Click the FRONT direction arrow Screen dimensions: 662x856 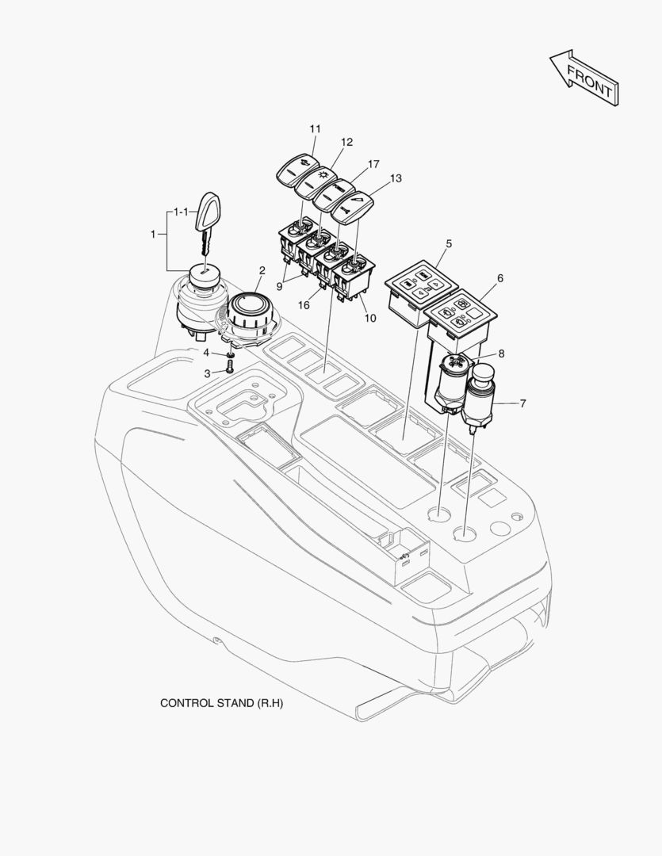point(584,78)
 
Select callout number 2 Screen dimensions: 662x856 point(262,270)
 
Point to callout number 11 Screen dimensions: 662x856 point(316,129)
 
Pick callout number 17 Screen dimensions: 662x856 point(373,164)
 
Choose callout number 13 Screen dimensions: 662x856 point(396,178)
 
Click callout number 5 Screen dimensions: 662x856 point(449,243)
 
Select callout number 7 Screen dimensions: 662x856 point(522,403)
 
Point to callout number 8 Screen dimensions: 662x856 point(501,353)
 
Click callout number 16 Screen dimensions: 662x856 point(304,304)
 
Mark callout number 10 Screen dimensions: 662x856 point(370,318)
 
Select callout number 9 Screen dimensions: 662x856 point(279,285)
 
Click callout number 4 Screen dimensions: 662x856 point(206,353)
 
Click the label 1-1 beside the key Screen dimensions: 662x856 point(181,212)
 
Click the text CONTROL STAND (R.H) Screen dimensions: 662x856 point(222,702)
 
